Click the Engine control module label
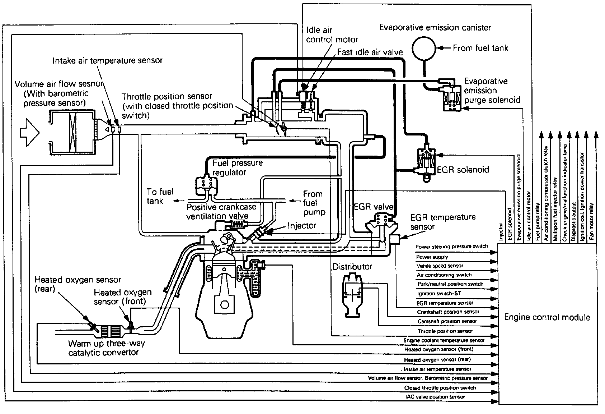pos(547,317)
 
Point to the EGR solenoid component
pos(426,164)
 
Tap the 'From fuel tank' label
pos(480,48)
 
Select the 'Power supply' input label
pos(432,257)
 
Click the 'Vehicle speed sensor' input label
pos(440,266)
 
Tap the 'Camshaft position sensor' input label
pos(447,321)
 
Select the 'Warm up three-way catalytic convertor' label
pos(107,348)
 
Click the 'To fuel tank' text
pos(160,196)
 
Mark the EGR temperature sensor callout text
pos(443,222)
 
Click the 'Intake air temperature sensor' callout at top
pos(107,60)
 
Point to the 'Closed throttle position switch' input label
pos(440,388)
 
